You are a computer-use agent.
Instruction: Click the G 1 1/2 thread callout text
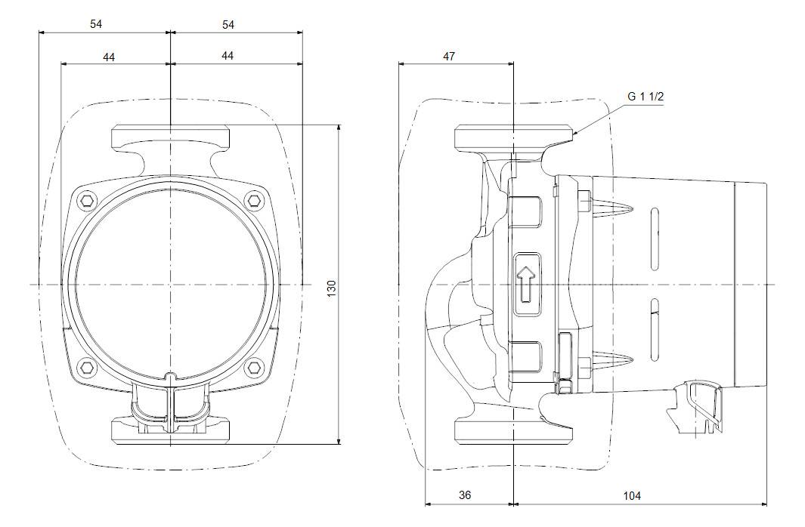(x=646, y=97)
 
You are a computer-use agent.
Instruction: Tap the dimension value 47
(x=449, y=57)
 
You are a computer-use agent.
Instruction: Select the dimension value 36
(x=465, y=495)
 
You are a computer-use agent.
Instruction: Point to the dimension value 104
(x=632, y=495)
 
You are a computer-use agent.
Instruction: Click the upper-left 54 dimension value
(x=96, y=24)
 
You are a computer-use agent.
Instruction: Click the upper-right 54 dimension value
(x=228, y=24)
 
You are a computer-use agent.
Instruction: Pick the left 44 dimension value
(x=109, y=57)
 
